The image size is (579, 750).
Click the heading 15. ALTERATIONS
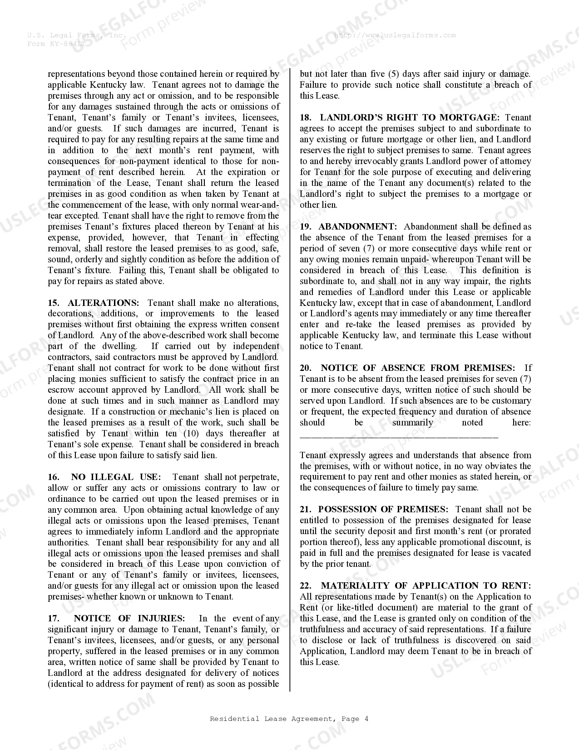tap(94, 303)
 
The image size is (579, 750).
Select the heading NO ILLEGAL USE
tap(115, 477)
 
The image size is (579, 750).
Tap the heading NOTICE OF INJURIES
tap(129, 618)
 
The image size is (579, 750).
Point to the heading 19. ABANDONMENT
tap(348, 226)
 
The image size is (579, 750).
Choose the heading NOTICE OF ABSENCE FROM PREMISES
tap(418, 368)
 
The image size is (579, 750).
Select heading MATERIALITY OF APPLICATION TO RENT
tap(426, 585)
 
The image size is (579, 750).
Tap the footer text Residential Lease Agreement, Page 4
tap(289, 719)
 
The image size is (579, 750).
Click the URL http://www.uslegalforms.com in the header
tap(395, 35)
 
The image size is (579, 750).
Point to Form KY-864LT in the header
tap(56, 44)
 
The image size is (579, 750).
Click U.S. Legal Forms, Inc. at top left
tap(76, 35)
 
